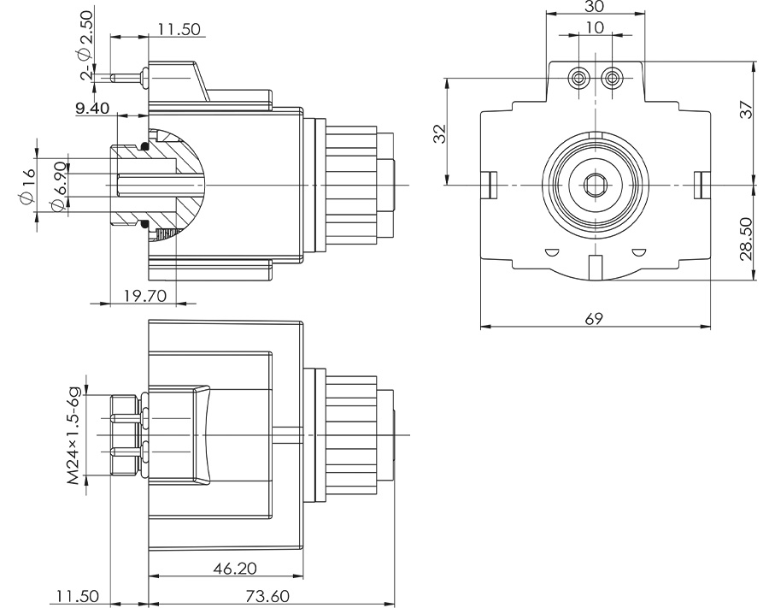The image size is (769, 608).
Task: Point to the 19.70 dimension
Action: (143, 295)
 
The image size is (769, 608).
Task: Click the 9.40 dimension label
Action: (92, 108)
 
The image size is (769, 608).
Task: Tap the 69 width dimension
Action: (595, 319)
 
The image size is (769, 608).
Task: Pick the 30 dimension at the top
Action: (595, 7)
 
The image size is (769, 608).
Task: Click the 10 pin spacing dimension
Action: (595, 27)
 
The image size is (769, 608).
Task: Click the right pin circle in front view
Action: (610, 79)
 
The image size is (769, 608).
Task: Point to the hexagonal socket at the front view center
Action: (595, 184)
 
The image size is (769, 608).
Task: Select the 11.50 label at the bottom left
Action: (78, 596)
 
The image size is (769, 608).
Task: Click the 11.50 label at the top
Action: (179, 29)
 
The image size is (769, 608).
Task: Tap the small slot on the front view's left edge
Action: (490, 184)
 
